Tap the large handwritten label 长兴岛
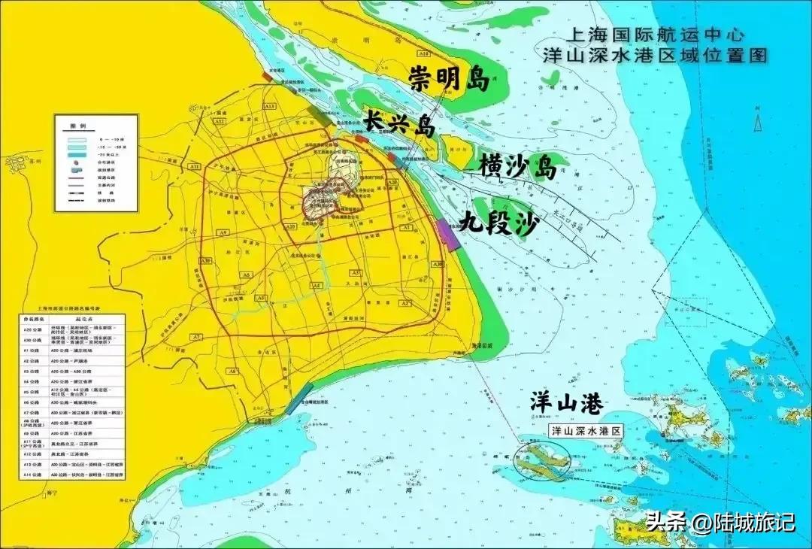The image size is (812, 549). pos(399,123)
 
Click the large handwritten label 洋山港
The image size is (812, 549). pos(565,404)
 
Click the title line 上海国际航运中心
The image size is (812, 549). pos(655,35)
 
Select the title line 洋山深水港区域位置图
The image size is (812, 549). pos(660,55)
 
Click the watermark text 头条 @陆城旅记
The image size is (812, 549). pos(720,521)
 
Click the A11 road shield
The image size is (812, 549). pos(194,165)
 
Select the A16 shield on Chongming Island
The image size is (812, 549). pos(423,54)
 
